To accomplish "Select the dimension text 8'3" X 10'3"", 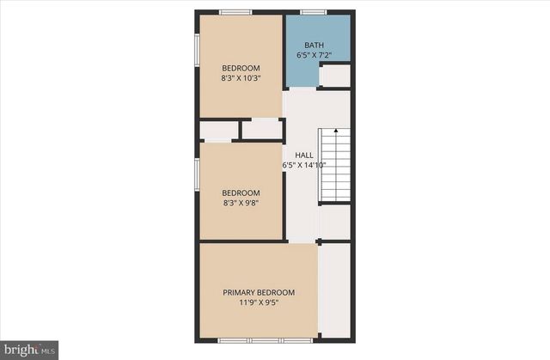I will click(x=241, y=78).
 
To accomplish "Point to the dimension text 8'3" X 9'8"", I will click(x=241, y=204).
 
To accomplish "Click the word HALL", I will click(x=303, y=155).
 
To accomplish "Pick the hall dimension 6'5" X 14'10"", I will click(x=303, y=165).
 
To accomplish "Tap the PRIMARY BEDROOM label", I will click(x=259, y=292).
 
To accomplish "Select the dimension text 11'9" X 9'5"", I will click(x=259, y=302).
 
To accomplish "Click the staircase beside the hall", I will click(x=335, y=165).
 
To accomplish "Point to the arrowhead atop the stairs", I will click(x=335, y=131).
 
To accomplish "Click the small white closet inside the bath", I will click(x=334, y=76).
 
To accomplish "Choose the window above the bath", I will click(x=313, y=12).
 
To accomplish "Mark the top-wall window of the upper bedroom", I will click(x=235, y=12).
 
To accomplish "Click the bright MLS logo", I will click(x=29, y=349).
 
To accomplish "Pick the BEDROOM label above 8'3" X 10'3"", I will click(x=241, y=68).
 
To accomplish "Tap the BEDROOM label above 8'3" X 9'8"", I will click(x=241, y=193).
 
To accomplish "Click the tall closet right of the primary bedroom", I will click(x=335, y=290).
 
